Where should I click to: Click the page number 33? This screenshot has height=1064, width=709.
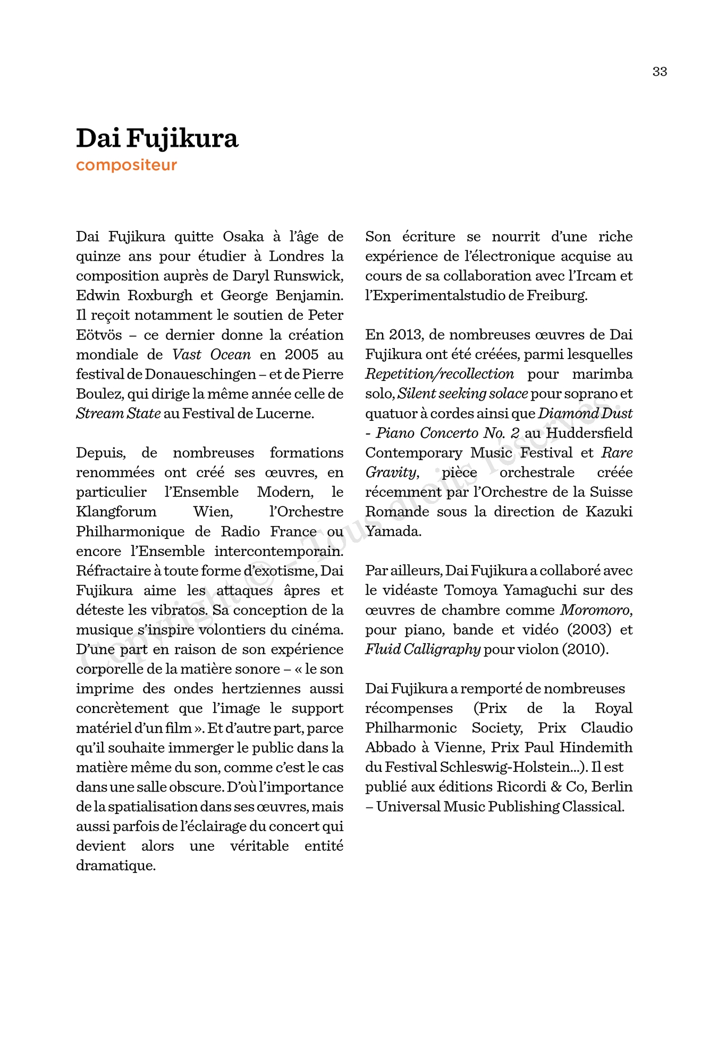(x=660, y=72)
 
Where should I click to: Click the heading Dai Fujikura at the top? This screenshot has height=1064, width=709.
(x=157, y=138)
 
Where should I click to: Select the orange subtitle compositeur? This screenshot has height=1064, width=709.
(x=126, y=165)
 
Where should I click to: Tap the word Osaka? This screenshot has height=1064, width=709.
(x=243, y=237)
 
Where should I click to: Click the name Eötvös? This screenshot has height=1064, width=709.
(x=99, y=335)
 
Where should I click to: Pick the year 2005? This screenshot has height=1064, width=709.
(x=301, y=355)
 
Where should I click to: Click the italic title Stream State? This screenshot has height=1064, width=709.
(x=118, y=414)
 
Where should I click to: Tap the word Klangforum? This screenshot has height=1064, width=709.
(x=116, y=512)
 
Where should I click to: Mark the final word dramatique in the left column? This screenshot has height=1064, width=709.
(x=116, y=866)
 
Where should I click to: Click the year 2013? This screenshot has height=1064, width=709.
(x=404, y=335)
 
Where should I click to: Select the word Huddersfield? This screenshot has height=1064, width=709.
(x=589, y=433)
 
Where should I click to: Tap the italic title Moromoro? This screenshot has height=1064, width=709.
(x=596, y=610)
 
